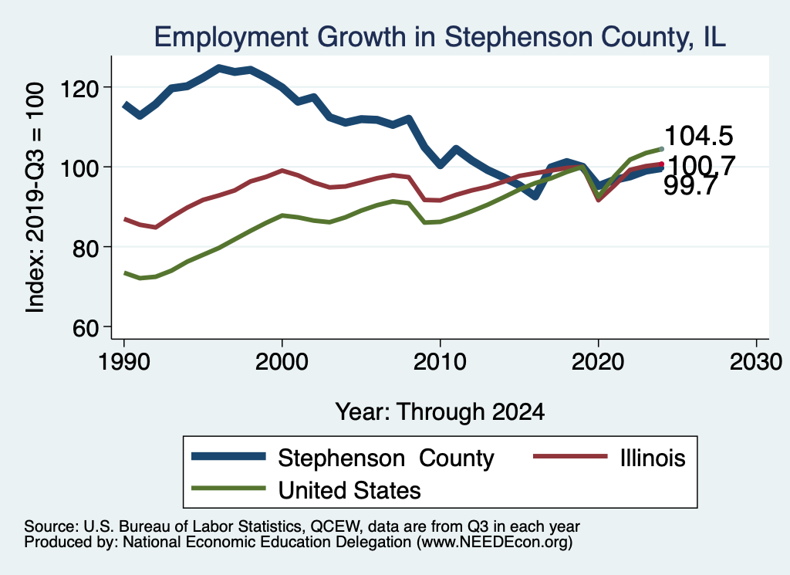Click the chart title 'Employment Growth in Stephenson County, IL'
(440, 37)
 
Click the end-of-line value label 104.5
(698, 137)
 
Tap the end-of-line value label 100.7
(701, 165)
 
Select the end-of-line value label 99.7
(691, 185)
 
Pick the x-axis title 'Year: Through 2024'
(440, 411)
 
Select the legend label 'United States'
(349, 489)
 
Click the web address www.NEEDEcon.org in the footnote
(494, 543)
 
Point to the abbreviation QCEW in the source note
(330, 526)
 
